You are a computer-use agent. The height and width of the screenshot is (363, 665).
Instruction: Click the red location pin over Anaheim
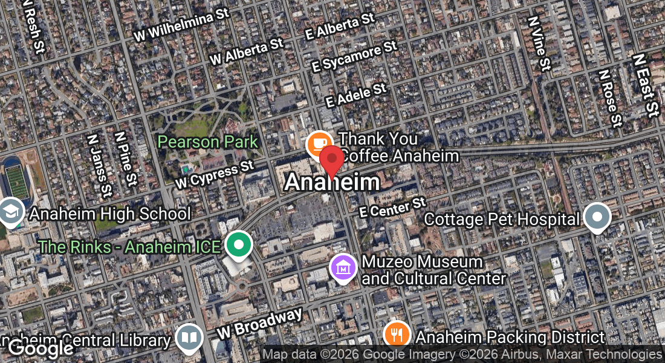tap(331, 160)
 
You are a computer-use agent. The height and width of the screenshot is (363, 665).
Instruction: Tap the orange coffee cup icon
tap(319, 145)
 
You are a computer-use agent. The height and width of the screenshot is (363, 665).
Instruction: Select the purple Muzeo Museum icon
tap(343, 268)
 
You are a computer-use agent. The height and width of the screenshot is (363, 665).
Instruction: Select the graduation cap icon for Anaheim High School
tap(11, 212)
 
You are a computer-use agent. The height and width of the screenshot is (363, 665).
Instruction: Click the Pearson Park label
tap(207, 142)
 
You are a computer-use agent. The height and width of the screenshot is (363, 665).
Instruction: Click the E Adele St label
tap(355, 96)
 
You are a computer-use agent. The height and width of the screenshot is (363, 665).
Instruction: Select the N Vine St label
tap(539, 44)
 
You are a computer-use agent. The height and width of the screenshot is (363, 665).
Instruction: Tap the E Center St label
tap(393, 207)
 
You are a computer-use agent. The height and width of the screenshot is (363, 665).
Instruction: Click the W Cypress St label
tap(215, 174)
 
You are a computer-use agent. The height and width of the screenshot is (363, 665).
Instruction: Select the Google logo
tap(41, 348)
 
